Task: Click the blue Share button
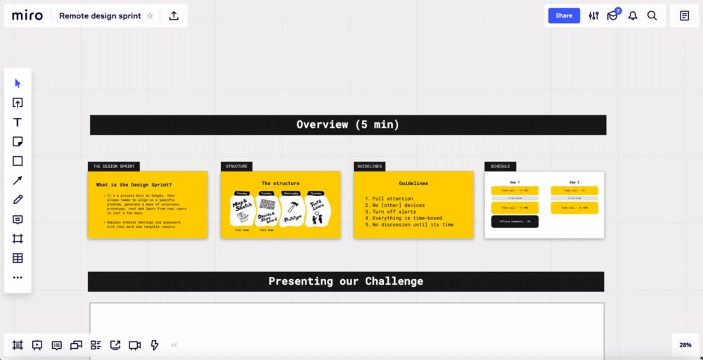(x=564, y=15)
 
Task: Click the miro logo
(x=27, y=15)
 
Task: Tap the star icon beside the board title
(x=150, y=15)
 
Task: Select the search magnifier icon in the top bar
(x=652, y=15)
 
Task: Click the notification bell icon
(x=633, y=15)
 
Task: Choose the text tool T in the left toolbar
(x=18, y=122)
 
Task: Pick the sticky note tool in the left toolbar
(x=18, y=141)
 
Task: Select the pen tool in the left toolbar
(x=18, y=200)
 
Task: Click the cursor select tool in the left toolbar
(x=18, y=83)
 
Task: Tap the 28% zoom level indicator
(x=685, y=345)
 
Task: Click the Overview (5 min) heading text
(x=347, y=124)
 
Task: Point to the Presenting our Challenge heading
(x=345, y=281)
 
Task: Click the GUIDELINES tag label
(x=370, y=167)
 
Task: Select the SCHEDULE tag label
(x=501, y=167)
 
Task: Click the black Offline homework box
(x=515, y=221)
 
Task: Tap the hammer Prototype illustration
(x=291, y=210)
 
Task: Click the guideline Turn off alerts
(x=394, y=212)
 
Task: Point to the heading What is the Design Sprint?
(x=134, y=184)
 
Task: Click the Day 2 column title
(x=574, y=181)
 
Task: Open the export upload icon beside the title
(x=174, y=15)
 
